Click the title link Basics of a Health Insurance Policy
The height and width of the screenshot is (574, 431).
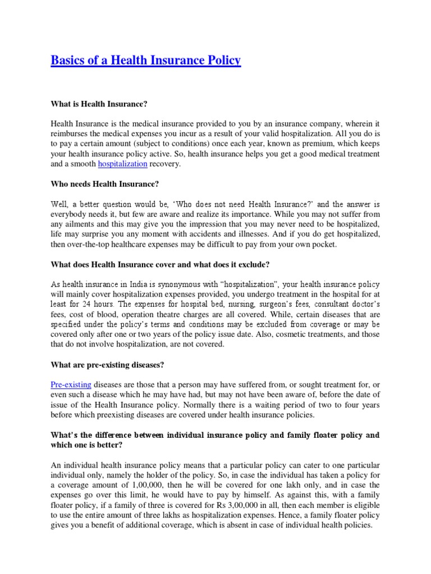point(146,60)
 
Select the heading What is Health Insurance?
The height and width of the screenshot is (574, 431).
point(99,104)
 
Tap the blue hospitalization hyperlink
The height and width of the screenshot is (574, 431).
point(122,164)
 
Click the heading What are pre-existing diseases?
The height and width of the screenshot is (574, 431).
point(107,365)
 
